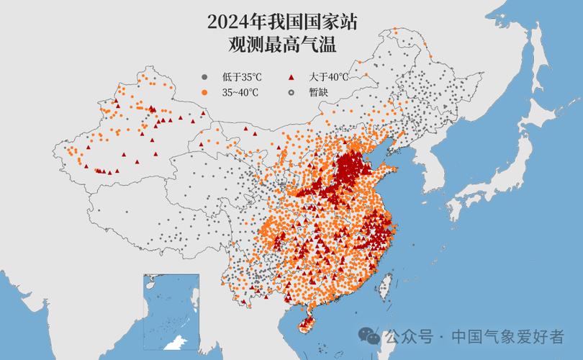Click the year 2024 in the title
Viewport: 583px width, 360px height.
[x=230, y=22]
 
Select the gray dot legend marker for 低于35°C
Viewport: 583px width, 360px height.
[x=204, y=77]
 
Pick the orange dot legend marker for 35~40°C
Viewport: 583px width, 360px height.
[x=204, y=92]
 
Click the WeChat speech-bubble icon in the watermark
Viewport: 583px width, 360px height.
[x=370, y=336]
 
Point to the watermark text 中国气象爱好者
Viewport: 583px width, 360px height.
[x=507, y=336]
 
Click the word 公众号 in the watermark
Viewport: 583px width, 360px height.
[x=408, y=336]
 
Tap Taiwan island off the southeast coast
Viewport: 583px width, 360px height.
[x=386, y=284]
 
